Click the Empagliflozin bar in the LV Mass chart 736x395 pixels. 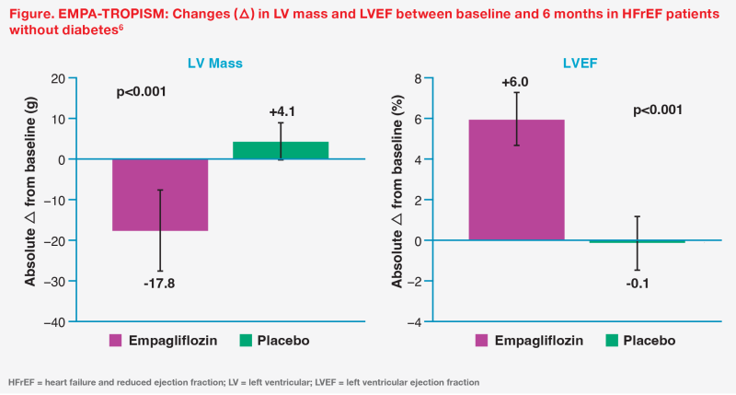[160, 194]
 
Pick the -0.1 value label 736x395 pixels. [638, 283]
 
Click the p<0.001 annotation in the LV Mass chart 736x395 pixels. [143, 92]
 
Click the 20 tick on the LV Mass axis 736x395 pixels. [59, 78]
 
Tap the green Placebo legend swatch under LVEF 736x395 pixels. [610, 341]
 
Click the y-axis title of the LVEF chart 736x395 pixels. [397, 200]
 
